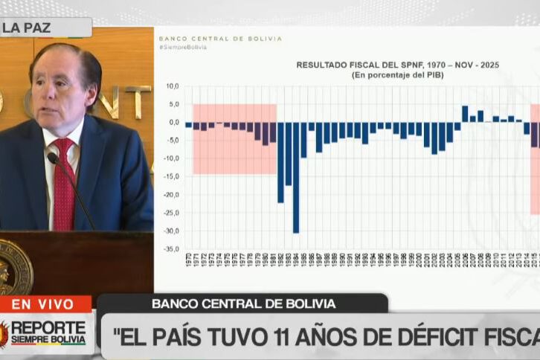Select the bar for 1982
[x=280, y=162]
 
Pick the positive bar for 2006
[x=465, y=114]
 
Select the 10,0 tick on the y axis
[x=173, y=86]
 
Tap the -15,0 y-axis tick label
[x=172, y=177]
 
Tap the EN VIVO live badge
[x=42, y=304]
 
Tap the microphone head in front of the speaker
[x=54, y=158]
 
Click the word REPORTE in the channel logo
[x=48, y=327]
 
